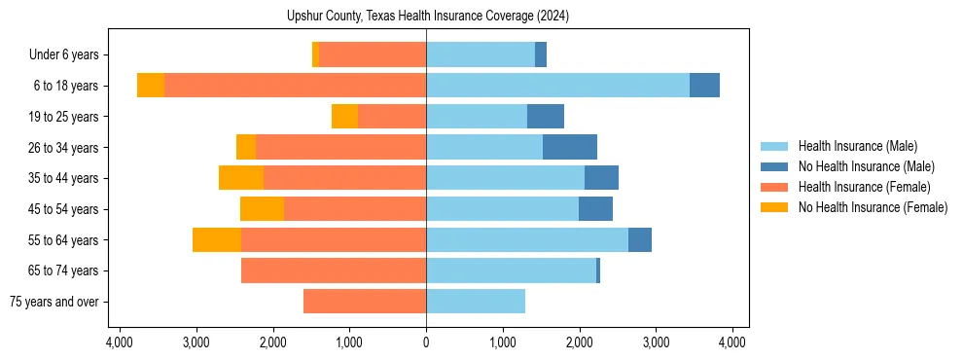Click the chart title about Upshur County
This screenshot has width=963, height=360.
click(x=428, y=17)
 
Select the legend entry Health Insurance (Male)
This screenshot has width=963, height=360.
click(x=857, y=146)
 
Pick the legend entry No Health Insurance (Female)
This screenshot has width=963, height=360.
click(x=873, y=207)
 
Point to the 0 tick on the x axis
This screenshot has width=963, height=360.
click(x=426, y=342)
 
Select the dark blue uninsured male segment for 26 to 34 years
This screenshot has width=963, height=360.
click(x=570, y=147)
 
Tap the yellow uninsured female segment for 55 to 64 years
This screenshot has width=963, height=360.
click(x=217, y=239)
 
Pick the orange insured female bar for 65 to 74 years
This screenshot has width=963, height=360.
click(x=334, y=270)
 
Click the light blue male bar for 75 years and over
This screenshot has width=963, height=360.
click(x=476, y=302)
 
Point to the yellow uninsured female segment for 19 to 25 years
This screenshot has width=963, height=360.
click(x=344, y=117)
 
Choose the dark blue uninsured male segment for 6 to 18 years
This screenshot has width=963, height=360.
click(x=704, y=86)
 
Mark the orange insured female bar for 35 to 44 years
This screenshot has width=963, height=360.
click(x=344, y=178)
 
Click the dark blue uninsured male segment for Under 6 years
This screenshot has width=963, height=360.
click(x=541, y=55)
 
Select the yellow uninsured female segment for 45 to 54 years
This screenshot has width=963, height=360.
click(x=262, y=209)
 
